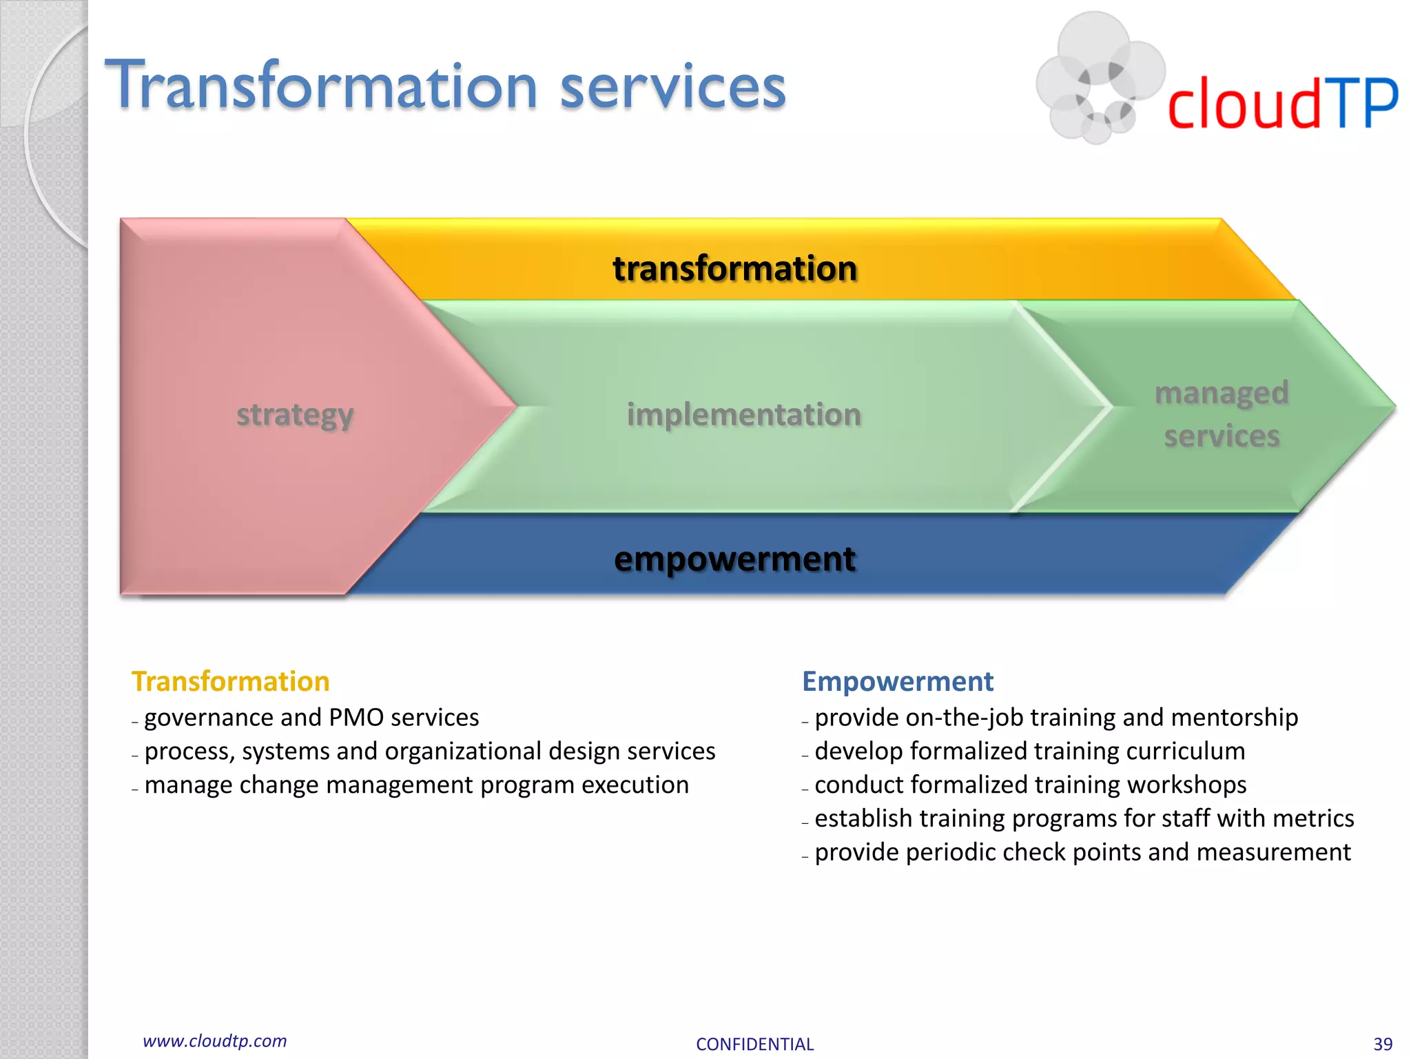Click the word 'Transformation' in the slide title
click(320, 85)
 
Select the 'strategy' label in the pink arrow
click(295, 414)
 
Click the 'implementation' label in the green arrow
click(743, 414)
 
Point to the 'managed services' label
click(1222, 414)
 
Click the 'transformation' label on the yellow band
click(734, 268)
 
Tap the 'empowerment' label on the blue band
click(734, 558)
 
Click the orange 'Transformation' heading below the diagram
click(231, 681)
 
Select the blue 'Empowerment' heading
click(898, 681)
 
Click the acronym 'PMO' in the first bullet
click(356, 718)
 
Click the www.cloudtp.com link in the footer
click(214, 1041)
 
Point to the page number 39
click(1382, 1044)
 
